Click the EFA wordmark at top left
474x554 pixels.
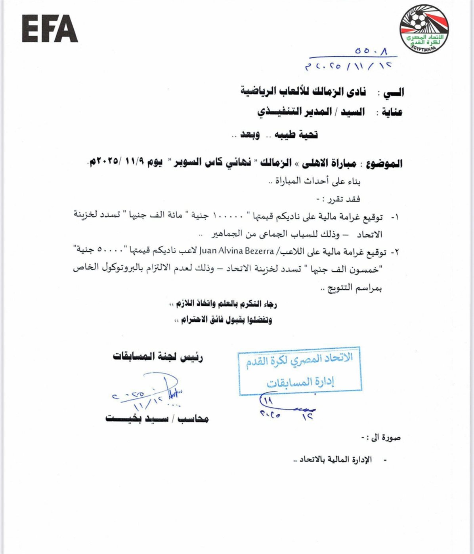pyautogui.click(x=50, y=28)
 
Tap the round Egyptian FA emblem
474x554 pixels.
pyautogui.click(x=424, y=28)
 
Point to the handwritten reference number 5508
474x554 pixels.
pyautogui.click(x=371, y=51)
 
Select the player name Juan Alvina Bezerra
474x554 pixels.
pyautogui.click(x=237, y=251)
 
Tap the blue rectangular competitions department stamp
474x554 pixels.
pyautogui.click(x=300, y=371)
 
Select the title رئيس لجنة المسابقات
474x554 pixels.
pyautogui.click(x=158, y=357)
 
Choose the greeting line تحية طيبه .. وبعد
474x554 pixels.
pyautogui.click(x=275, y=135)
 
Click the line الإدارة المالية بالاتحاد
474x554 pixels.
pyautogui.click(x=336, y=460)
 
